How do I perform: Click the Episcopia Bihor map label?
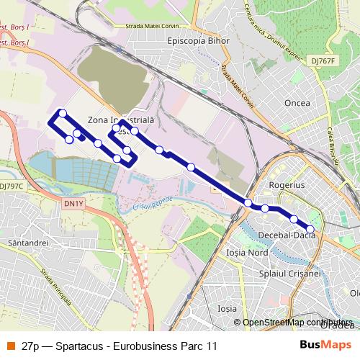tap(197, 41)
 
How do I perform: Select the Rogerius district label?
tap(287, 185)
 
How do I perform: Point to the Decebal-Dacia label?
tap(287, 235)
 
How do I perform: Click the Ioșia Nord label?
tap(247, 253)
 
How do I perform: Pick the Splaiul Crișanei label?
tap(291, 274)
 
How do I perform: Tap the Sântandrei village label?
tap(26, 244)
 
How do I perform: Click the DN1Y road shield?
tap(73, 204)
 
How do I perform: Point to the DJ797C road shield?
tap(12, 186)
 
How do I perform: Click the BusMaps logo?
tap(325, 346)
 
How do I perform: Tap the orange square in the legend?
tap(10, 346)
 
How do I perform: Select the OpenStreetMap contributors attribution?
tap(297, 323)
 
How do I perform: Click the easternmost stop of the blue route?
tap(310, 229)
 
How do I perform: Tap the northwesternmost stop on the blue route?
tap(63, 113)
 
